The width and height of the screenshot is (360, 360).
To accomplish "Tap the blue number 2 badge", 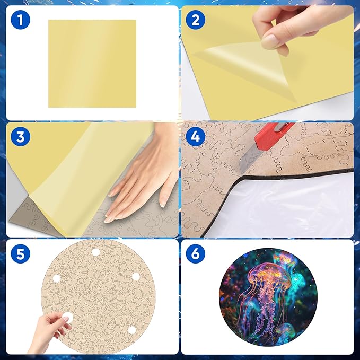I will [196, 22].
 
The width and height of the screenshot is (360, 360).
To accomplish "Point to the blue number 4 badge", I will [196, 137].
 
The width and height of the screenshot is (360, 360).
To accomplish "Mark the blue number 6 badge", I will [196, 253].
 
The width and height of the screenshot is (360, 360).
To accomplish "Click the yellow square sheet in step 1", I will [92, 63].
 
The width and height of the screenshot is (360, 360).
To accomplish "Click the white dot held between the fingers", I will [67, 317].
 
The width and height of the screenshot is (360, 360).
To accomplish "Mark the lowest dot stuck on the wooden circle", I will [131, 330].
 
